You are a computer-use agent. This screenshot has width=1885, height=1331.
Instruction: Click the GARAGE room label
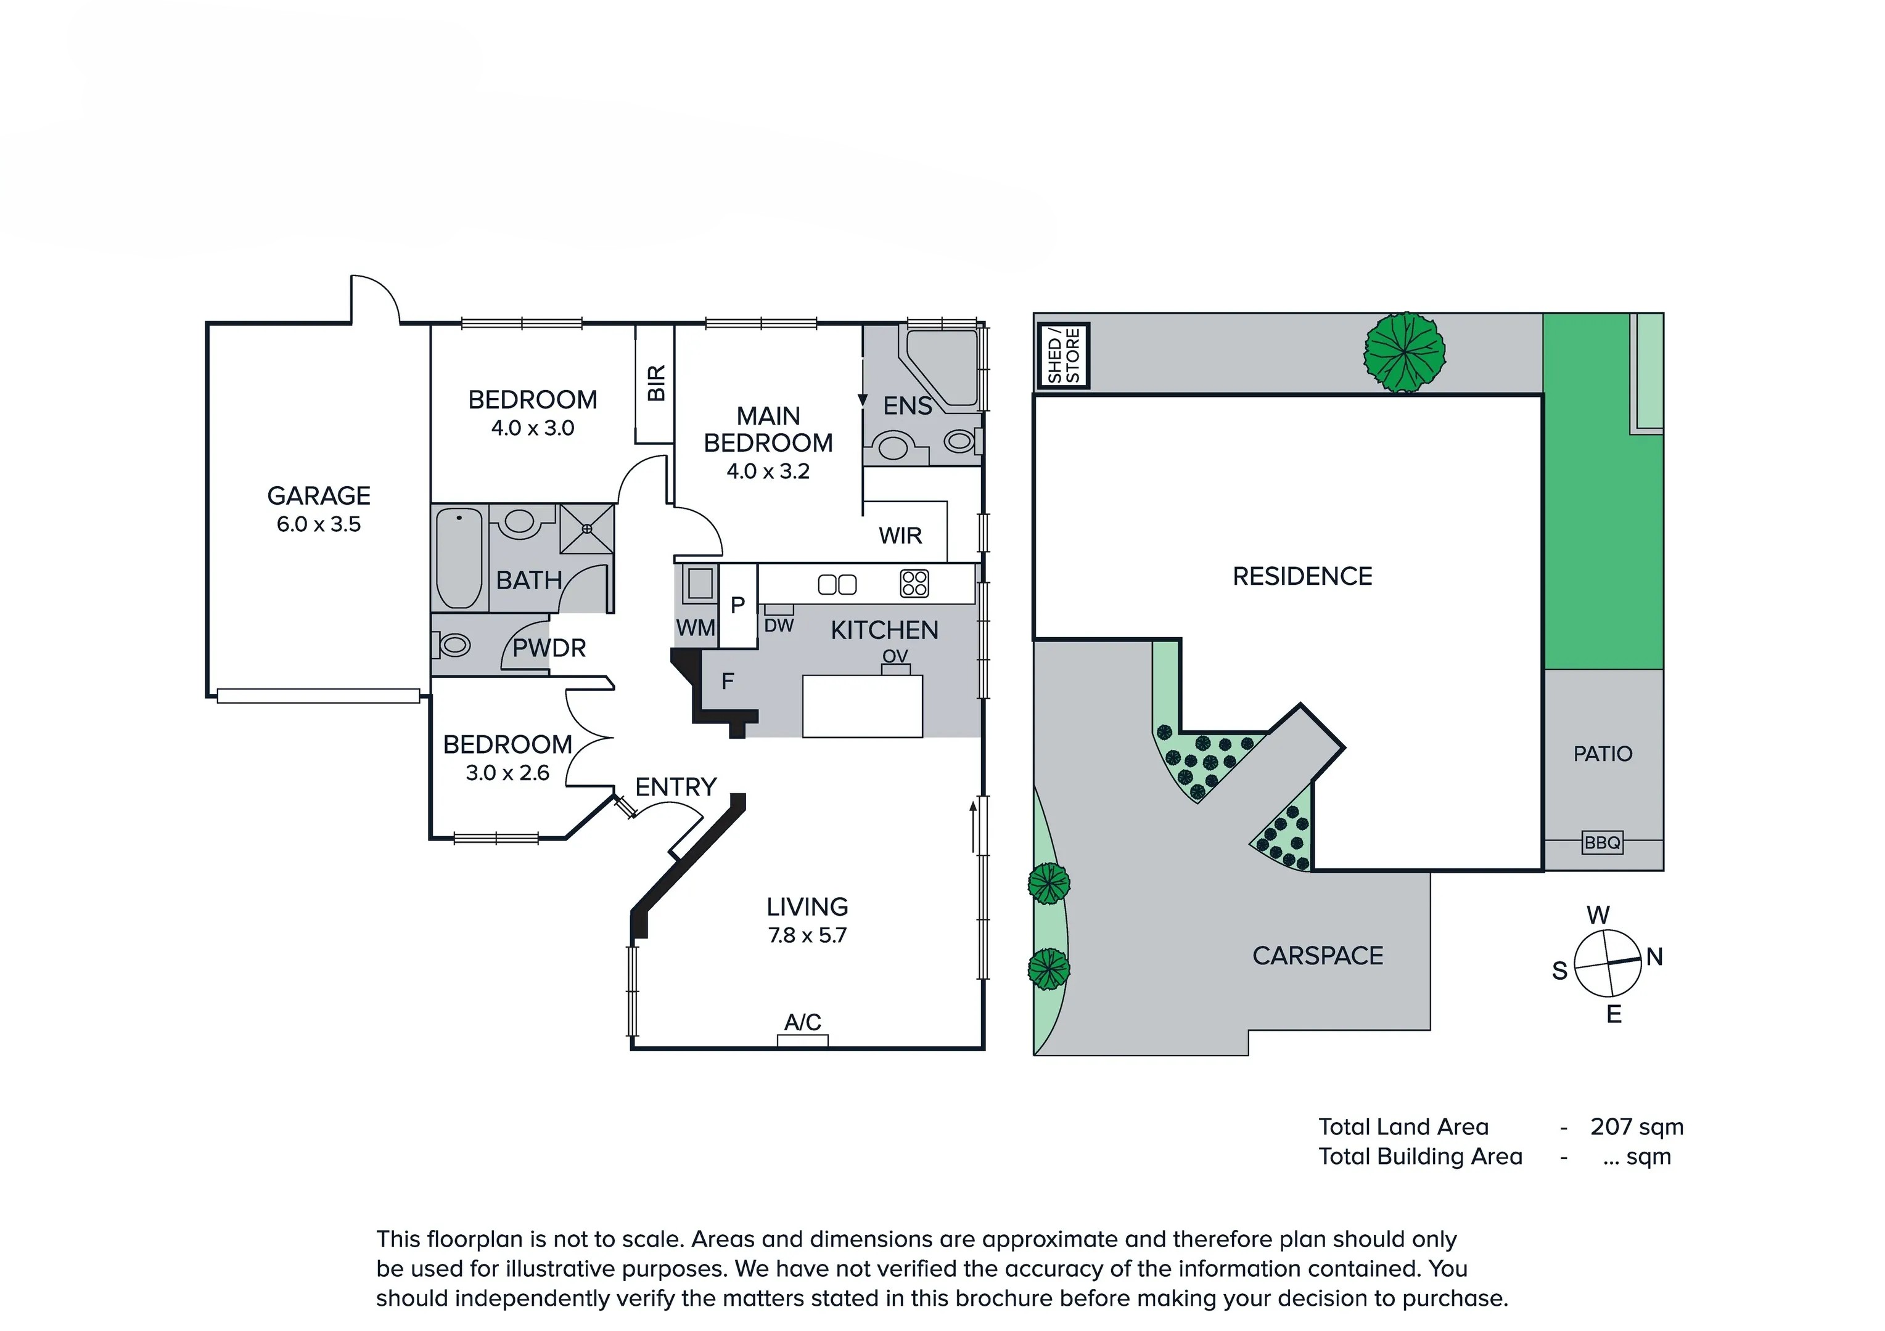tap(319, 495)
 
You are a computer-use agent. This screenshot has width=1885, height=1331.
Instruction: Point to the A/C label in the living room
tap(802, 1022)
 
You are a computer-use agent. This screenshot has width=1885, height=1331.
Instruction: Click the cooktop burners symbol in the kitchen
tap(914, 584)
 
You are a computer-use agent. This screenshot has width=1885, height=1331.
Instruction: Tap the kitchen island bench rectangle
tap(862, 706)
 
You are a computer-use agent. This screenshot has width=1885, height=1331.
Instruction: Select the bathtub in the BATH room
tap(459, 558)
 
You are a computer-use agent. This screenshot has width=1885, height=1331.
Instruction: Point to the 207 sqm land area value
tap(1637, 1126)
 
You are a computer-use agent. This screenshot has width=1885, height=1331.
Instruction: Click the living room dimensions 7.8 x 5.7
tap(807, 935)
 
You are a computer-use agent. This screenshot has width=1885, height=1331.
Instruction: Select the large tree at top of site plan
tap(1404, 352)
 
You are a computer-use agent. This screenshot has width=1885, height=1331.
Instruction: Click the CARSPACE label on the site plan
tap(1317, 956)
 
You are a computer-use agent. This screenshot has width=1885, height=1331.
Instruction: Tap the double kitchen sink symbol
tap(837, 584)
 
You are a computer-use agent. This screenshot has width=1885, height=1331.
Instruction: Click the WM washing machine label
tap(696, 629)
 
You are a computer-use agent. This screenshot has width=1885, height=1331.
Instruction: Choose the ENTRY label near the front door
tap(676, 787)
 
